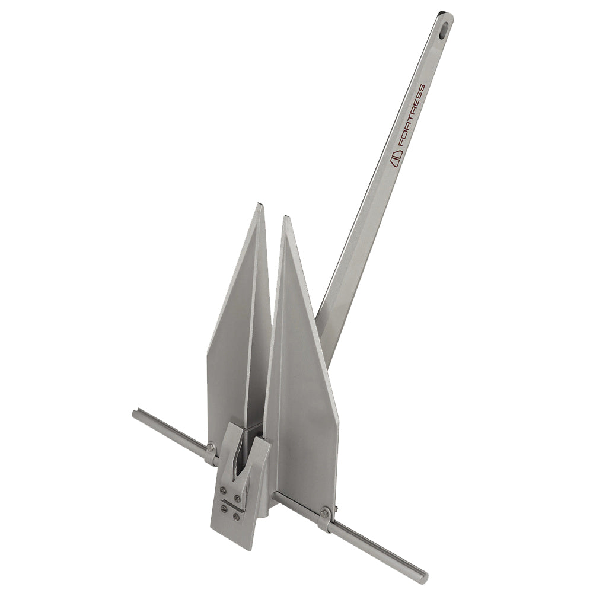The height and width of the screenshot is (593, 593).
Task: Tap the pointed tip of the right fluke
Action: point(286,219)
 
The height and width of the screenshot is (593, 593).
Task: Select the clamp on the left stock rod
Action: point(210,454)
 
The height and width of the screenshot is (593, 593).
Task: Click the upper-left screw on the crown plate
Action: point(224,490)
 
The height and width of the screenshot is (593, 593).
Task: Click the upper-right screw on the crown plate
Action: point(237,498)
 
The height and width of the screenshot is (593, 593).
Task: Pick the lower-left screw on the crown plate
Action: point(224,508)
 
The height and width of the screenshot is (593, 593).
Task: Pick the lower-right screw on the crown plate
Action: point(236,517)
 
